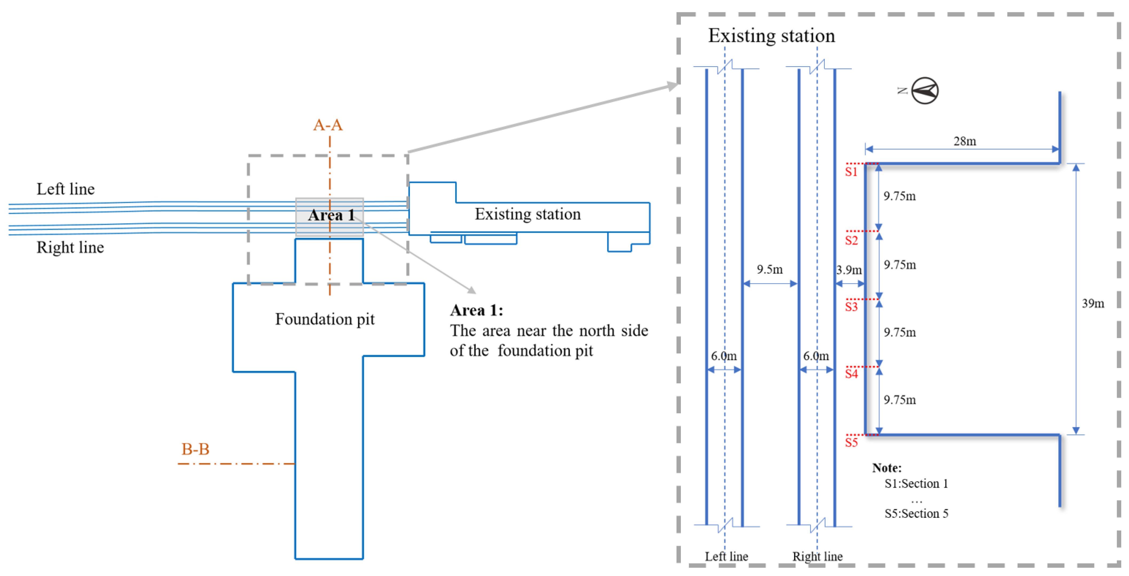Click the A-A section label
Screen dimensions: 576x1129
[x=327, y=125]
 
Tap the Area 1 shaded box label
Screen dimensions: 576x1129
[x=331, y=215]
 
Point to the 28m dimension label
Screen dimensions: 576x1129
[x=964, y=141]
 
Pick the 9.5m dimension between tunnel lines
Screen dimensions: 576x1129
[x=769, y=269]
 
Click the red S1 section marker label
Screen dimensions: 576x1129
[x=851, y=172]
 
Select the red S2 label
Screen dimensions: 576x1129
[x=851, y=240]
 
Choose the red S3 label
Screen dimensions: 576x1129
[x=851, y=307]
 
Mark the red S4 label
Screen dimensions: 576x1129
[x=851, y=374]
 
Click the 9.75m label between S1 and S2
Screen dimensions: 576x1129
[x=899, y=196]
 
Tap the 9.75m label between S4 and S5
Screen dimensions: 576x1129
[x=899, y=400]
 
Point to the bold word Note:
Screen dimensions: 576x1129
[x=887, y=468]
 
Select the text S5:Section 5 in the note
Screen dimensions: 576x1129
[x=916, y=513]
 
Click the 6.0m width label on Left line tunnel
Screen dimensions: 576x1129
[x=724, y=356]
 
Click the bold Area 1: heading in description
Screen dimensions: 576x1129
[x=476, y=310]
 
